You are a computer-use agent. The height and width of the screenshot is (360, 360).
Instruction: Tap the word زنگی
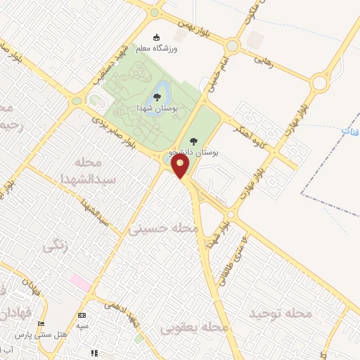click(x=58, y=246)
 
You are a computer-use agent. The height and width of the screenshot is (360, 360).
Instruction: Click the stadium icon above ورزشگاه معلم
click(x=156, y=37)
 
